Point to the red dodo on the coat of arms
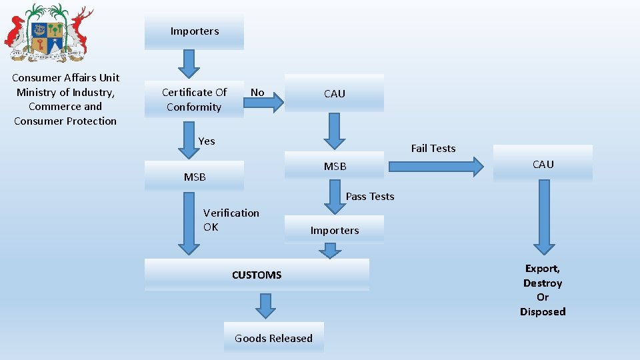(16, 33)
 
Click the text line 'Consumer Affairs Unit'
(65, 78)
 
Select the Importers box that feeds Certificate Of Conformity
(194, 31)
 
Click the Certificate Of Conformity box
(194, 99)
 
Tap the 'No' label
(257, 93)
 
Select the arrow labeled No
(267, 103)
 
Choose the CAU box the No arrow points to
(334, 93)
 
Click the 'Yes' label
(207, 141)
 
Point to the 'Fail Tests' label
(433, 148)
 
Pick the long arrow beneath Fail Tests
(436, 167)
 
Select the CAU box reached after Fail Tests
(543, 164)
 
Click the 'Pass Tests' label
(370, 196)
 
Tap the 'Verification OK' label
(231, 220)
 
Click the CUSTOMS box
(257, 275)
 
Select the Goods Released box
(273, 338)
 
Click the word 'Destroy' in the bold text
(543, 283)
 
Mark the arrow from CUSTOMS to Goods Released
(265, 306)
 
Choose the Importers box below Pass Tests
(334, 230)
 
